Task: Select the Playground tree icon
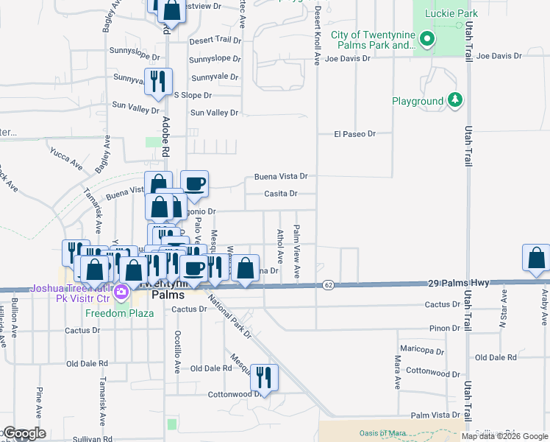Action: [456, 100]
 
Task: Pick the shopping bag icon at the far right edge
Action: [536, 257]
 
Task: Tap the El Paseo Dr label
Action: [354, 134]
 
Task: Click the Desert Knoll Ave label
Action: [318, 33]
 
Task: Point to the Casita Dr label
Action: [281, 194]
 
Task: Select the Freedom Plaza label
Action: [119, 313]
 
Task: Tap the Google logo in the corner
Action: [24, 433]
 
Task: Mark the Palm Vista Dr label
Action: [435, 415]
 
